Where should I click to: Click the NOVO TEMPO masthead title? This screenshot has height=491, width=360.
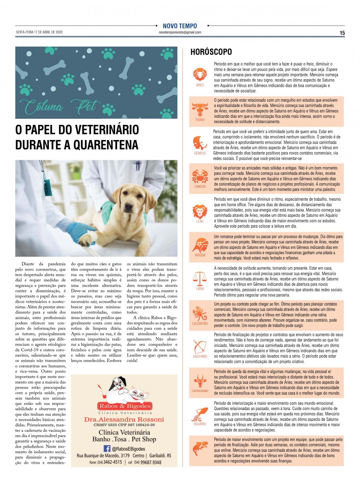pyautogui.click(x=180, y=26)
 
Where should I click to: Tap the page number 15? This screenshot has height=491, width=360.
pyautogui.click(x=342, y=33)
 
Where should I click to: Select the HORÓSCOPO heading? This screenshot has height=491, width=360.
pyautogui.click(x=211, y=52)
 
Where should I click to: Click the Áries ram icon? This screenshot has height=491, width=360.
pyautogui.click(x=200, y=75)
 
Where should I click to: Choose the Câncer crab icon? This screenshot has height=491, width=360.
pyautogui.click(x=200, y=177)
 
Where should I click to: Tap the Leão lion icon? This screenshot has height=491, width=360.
pyautogui.click(x=200, y=212)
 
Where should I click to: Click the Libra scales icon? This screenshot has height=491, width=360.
pyautogui.click(x=200, y=279)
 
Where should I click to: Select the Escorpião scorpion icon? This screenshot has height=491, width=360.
pyautogui.click(x=200, y=313)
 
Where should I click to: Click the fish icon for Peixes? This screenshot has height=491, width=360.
pyautogui.click(x=200, y=448)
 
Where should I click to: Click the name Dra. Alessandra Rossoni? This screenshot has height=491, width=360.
pyautogui.click(x=124, y=420)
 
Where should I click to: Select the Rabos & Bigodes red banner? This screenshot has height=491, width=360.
pyautogui.click(x=125, y=406)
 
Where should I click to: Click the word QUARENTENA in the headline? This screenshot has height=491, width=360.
pyautogui.click(x=106, y=145)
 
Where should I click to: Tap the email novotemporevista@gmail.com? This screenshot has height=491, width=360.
pyautogui.click(x=180, y=33)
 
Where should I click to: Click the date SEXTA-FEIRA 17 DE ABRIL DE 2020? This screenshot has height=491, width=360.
pyautogui.click(x=39, y=32)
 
